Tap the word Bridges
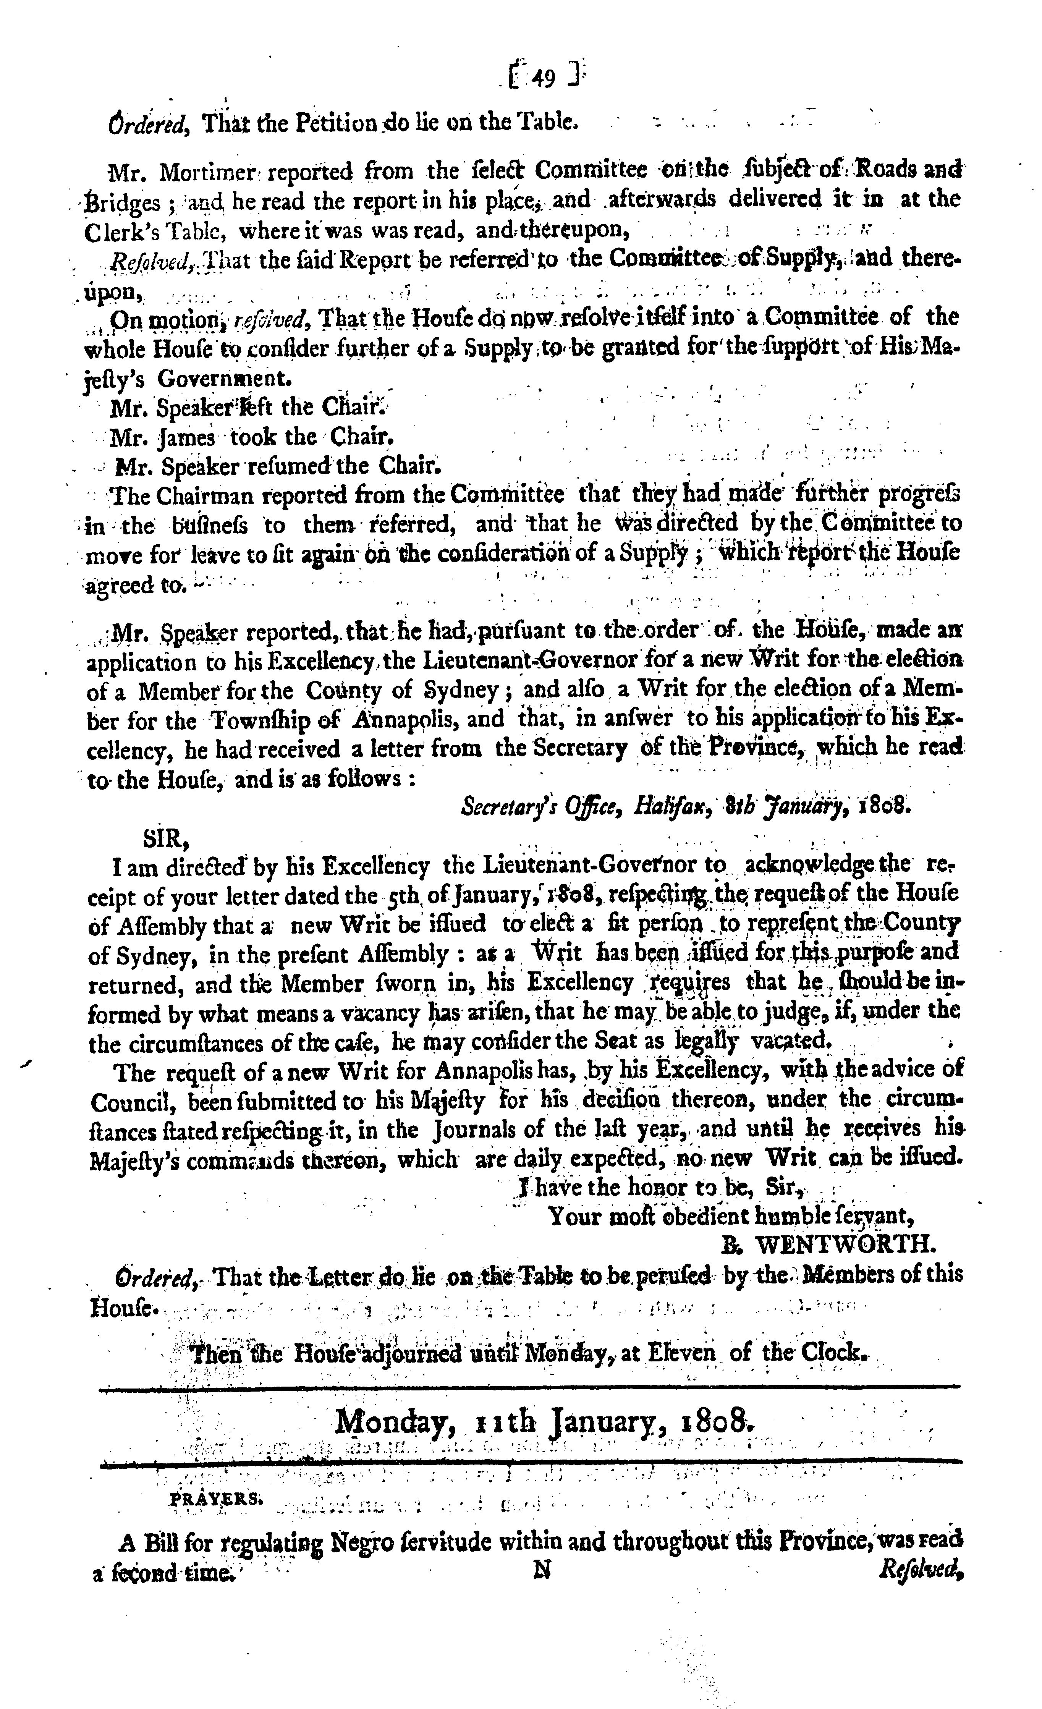coord(125,201)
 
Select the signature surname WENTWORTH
coord(845,1245)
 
